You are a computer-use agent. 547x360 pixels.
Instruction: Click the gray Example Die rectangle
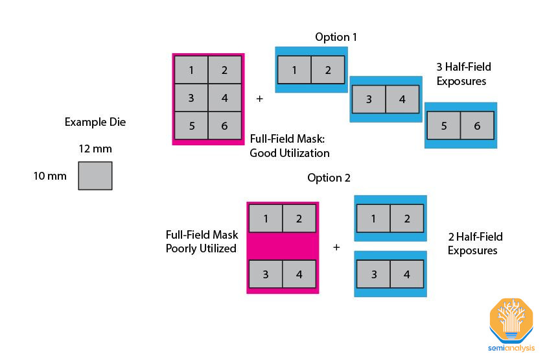pyautogui.click(x=95, y=176)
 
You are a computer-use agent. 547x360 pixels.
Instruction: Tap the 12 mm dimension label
pyautogui.click(x=95, y=149)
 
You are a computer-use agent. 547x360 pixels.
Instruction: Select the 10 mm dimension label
pyautogui.click(x=51, y=176)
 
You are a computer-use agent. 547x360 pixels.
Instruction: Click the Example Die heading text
pyautogui.click(x=95, y=122)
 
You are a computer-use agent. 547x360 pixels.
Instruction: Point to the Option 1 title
pyautogui.click(x=336, y=37)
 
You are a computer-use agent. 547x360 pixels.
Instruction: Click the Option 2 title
pyautogui.click(x=329, y=178)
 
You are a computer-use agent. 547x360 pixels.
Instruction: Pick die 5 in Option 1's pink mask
pyautogui.click(x=192, y=125)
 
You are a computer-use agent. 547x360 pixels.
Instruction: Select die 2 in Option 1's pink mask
pyautogui.click(x=224, y=70)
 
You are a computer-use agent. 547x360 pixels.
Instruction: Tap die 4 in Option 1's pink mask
pyautogui.click(x=224, y=98)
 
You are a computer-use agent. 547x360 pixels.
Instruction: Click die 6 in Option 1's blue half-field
pyautogui.click(x=477, y=126)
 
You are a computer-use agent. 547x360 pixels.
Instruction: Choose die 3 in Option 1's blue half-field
pyautogui.click(x=369, y=99)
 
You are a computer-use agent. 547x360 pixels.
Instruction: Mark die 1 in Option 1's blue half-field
pyautogui.click(x=294, y=70)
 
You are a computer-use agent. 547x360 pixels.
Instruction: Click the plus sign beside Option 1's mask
pyautogui.click(x=260, y=99)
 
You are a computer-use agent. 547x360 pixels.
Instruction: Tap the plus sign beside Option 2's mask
pyautogui.click(x=336, y=247)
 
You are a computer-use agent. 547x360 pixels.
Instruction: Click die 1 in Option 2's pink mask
pyautogui.click(x=266, y=219)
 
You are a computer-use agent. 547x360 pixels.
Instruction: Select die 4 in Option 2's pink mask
pyautogui.click(x=299, y=274)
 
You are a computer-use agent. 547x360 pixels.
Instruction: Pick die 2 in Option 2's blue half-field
pyautogui.click(x=407, y=219)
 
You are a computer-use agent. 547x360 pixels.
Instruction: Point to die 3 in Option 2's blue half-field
pyautogui.click(x=374, y=274)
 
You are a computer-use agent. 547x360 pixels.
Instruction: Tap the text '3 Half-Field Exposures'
pyautogui.click(x=463, y=74)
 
